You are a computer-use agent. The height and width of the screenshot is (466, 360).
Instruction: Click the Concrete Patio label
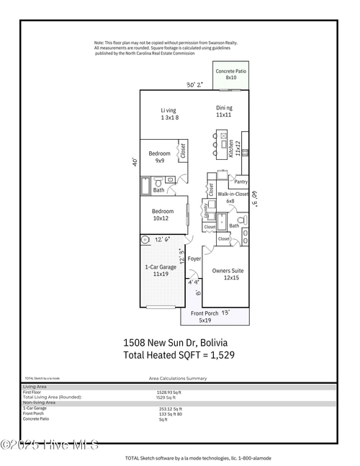(x=231, y=72)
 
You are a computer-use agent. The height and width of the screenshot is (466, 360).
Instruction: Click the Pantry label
(x=241, y=182)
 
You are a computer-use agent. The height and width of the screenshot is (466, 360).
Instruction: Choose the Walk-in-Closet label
(x=233, y=194)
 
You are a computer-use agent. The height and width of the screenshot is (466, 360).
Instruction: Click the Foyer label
(x=194, y=257)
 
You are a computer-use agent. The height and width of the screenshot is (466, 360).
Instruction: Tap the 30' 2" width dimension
(x=194, y=84)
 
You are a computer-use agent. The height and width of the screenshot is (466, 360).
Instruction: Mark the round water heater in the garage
(x=144, y=239)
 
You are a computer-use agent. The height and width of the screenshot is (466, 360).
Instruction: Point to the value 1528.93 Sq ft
(x=168, y=393)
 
